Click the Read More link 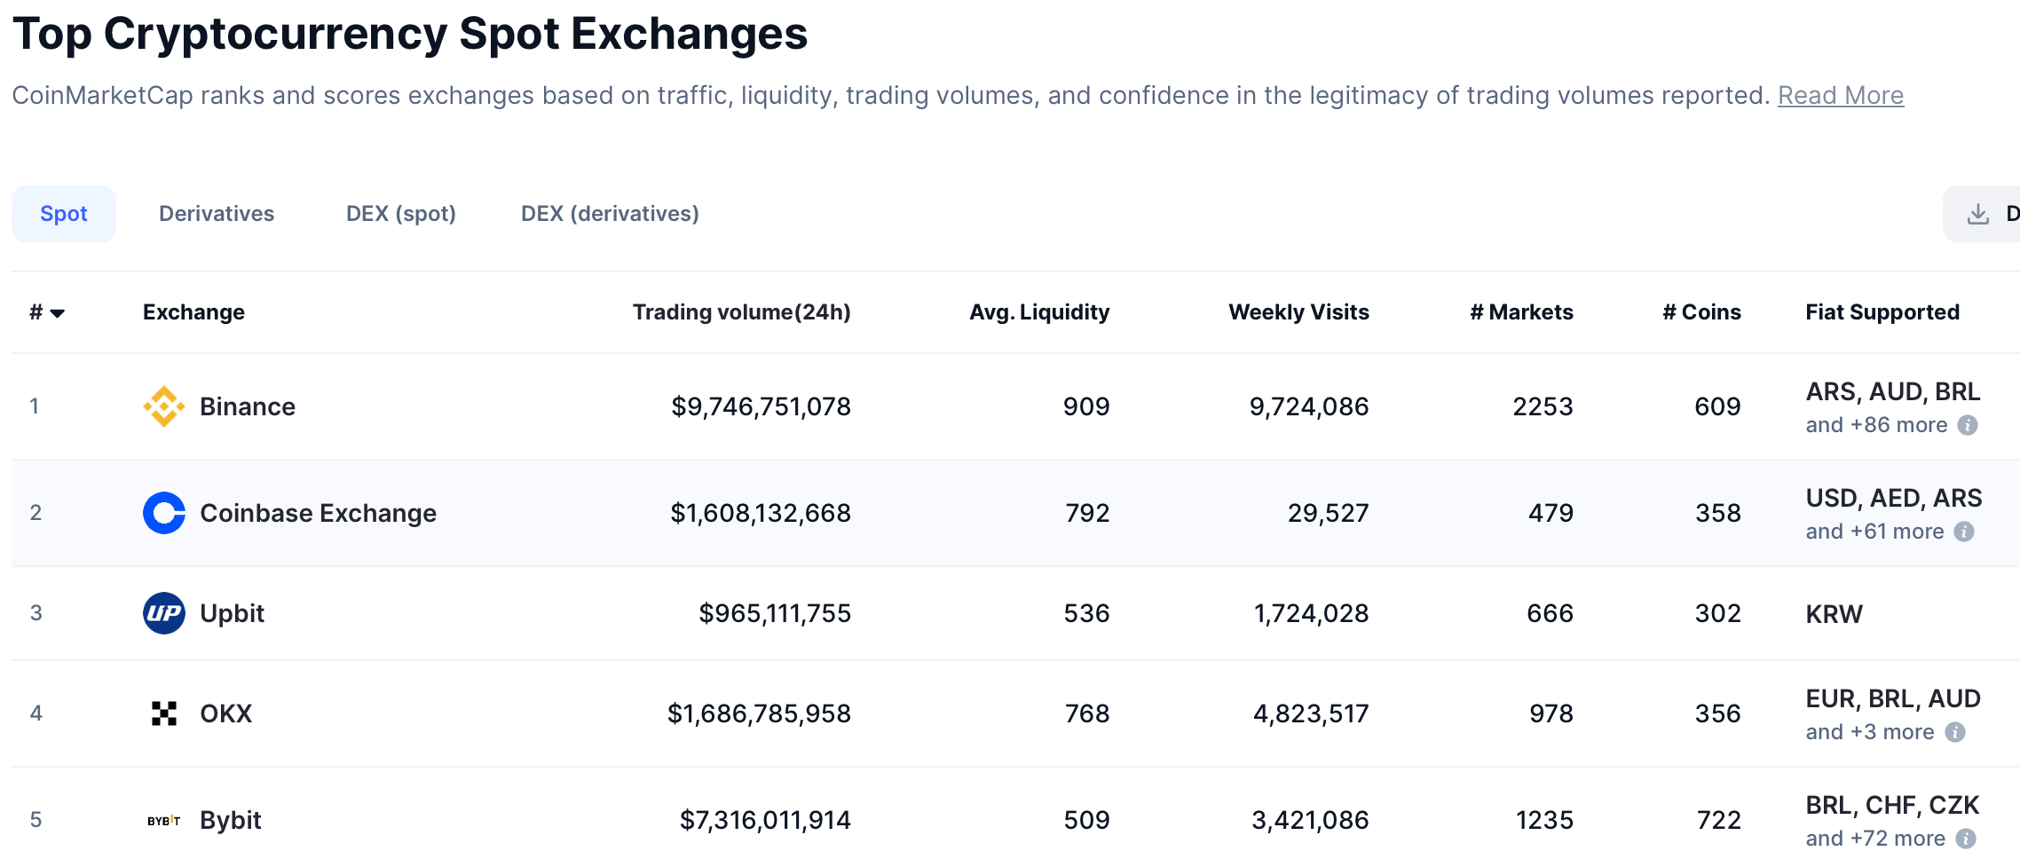point(1840,96)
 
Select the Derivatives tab point(217,214)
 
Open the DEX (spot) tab point(400,214)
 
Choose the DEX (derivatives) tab point(610,214)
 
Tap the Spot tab point(64,214)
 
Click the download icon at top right point(1978,214)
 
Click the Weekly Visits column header point(1298,312)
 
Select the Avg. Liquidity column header point(1038,312)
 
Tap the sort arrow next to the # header point(58,313)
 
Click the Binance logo point(164,406)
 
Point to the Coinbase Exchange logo point(164,513)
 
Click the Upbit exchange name point(232,613)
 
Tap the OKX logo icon point(164,713)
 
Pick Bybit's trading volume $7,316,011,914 point(765,820)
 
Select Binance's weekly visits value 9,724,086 point(1308,406)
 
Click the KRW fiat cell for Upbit point(1834,614)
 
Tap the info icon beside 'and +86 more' point(1968,425)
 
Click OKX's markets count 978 point(1551,713)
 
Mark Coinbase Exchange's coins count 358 point(1717,513)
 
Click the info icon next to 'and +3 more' point(1954,732)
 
